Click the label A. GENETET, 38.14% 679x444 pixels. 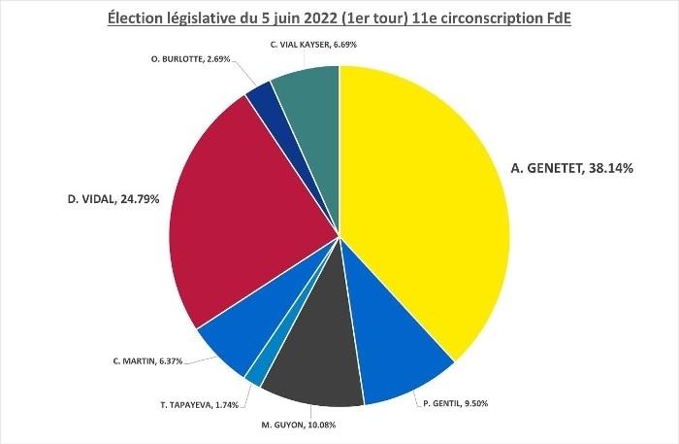point(571,168)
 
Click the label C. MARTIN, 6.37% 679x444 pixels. point(149,359)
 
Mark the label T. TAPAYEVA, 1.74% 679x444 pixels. point(200,404)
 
